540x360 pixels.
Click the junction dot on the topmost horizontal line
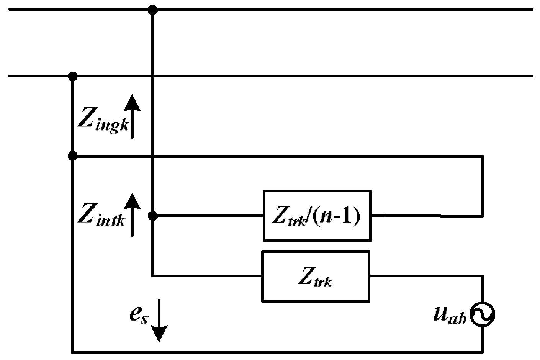(153, 10)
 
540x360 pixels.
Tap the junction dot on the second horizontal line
(72, 76)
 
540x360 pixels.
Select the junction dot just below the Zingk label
(72, 156)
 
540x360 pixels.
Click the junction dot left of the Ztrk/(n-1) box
(153, 216)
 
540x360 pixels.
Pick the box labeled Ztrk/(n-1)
(317, 216)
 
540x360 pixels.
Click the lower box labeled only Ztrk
(316, 276)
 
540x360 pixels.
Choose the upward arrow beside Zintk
(132, 214)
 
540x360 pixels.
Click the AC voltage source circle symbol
(482, 315)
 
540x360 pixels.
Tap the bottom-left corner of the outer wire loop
(72, 351)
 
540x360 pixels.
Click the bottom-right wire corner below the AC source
(482, 351)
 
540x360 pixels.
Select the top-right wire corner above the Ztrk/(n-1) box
(482, 156)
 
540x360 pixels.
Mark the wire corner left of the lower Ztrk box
(153, 275)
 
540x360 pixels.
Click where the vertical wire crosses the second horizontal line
(153, 76)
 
